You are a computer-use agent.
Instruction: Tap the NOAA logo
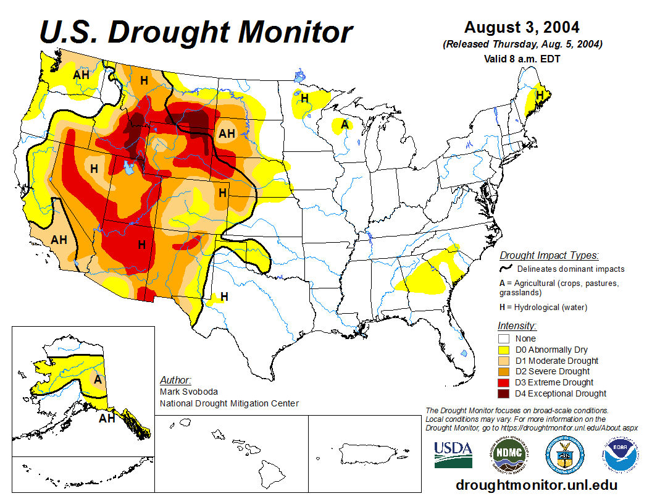(x=619, y=456)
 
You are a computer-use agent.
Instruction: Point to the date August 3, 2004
(x=522, y=27)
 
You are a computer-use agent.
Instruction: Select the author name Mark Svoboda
(x=188, y=392)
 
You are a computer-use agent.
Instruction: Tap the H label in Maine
(x=540, y=95)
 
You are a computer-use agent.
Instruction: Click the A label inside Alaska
(x=98, y=379)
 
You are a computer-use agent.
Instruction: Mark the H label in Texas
(x=224, y=296)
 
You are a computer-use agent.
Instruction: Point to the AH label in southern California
(x=59, y=240)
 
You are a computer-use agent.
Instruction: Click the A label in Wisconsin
(x=345, y=124)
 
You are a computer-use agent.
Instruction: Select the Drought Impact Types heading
(x=548, y=255)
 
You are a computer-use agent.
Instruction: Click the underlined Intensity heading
(x=517, y=325)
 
